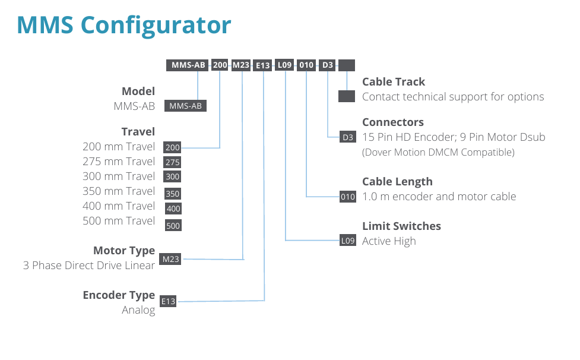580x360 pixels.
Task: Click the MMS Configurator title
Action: [124, 26]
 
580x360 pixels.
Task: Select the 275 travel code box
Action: [172, 162]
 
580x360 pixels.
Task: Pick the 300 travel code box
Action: [172, 176]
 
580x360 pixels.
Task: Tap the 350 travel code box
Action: [173, 194]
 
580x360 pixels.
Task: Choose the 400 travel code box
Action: [173, 209]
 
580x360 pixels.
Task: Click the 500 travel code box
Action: [173, 226]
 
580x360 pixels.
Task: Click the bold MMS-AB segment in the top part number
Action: [188, 65]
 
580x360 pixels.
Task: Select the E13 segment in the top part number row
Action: [262, 65]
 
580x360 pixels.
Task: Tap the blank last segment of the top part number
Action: [347, 65]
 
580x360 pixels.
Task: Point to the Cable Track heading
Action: [394, 82]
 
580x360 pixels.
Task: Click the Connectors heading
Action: [393, 122]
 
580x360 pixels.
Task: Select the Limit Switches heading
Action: [401, 226]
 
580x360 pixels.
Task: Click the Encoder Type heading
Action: [119, 295]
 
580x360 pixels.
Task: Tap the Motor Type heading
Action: [124, 251]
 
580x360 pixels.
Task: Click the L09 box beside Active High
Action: [348, 241]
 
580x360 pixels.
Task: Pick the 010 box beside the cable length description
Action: [348, 197]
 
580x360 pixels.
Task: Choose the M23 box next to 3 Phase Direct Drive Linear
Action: [170, 259]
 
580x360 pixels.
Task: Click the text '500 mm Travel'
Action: [119, 221]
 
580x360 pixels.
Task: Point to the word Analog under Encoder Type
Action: [138, 310]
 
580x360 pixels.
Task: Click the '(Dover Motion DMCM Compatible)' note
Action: [438, 152]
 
